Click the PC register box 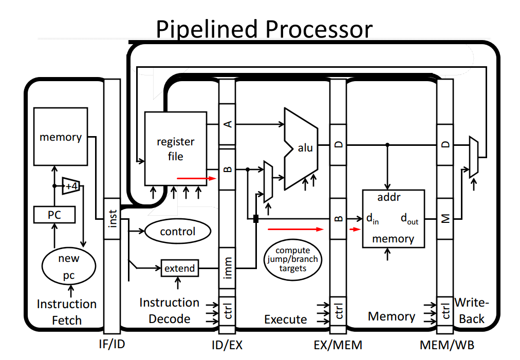(x=54, y=214)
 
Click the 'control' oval (x=178, y=232)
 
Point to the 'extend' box (x=179, y=268)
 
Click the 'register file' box (x=175, y=148)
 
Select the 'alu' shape (x=303, y=148)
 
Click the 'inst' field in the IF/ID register (x=112, y=219)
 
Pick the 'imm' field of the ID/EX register (x=227, y=268)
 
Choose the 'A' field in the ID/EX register (x=227, y=124)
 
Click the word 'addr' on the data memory (x=389, y=198)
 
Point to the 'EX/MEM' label (x=338, y=345)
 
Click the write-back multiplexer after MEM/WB (x=474, y=157)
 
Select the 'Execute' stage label (x=285, y=319)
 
